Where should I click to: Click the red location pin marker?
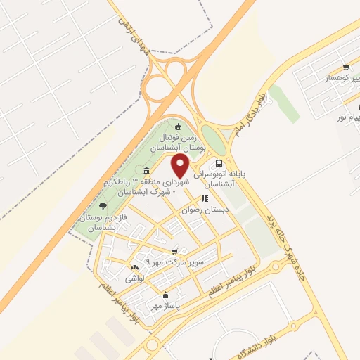pyautogui.click(x=181, y=166)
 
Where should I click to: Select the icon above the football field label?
pyautogui.click(x=178, y=127)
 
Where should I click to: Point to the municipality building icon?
pyautogui.click(x=146, y=172)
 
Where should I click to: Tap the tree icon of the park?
pyautogui.click(x=103, y=206)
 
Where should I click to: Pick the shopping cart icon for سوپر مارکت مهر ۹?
pyautogui.click(x=174, y=251)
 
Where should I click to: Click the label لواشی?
pyautogui.click(x=134, y=278)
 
